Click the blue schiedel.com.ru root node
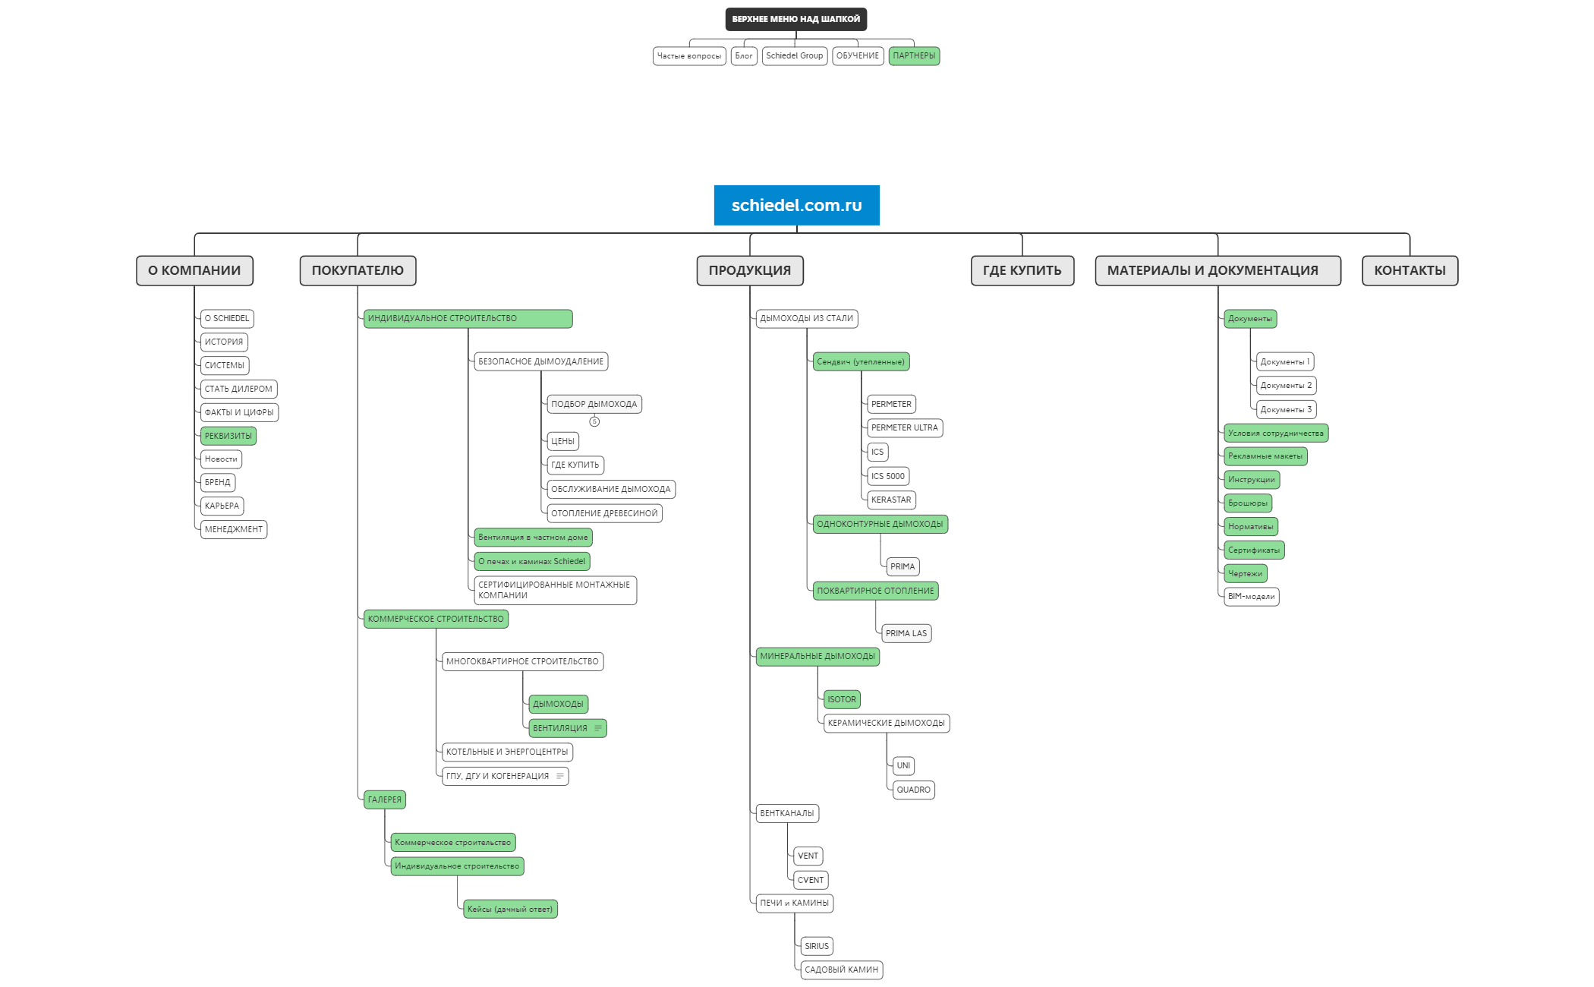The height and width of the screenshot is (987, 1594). [x=796, y=205]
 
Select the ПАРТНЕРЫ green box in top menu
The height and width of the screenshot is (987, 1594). [x=914, y=56]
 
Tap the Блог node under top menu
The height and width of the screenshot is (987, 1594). [x=744, y=56]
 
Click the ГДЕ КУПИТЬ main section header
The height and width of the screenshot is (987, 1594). [x=1022, y=270]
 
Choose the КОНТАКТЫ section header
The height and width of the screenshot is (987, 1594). [x=1410, y=270]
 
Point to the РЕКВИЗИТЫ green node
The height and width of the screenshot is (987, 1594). [x=228, y=436]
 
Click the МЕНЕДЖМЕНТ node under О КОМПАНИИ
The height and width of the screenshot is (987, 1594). [x=234, y=529]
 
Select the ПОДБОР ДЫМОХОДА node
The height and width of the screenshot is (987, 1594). [x=594, y=404]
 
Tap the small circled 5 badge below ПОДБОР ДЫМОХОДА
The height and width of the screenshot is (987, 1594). [x=594, y=421]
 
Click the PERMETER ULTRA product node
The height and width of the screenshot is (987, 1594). [x=905, y=427]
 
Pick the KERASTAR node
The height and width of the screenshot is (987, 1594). [x=891, y=500]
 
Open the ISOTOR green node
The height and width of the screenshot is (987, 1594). [x=842, y=699]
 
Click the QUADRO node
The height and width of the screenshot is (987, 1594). [x=913, y=790]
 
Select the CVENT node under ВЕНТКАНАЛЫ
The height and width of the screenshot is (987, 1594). [x=811, y=880]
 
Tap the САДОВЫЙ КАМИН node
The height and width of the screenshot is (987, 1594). [x=842, y=970]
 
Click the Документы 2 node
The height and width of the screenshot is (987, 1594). [x=1286, y=386]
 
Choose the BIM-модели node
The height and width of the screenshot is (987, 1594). [x=1252, y=597]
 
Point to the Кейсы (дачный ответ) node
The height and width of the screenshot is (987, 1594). [x=510, y=909]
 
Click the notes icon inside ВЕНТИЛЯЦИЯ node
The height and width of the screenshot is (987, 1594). [x=598, y=728]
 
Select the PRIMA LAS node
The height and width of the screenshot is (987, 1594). [x=906, y=633]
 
